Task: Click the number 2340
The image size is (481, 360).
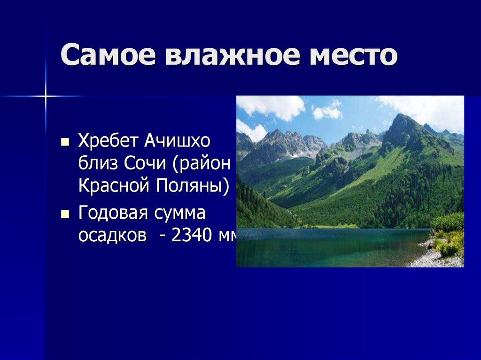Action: click(192, 236)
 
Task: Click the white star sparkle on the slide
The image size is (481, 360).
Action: click(46, 96)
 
